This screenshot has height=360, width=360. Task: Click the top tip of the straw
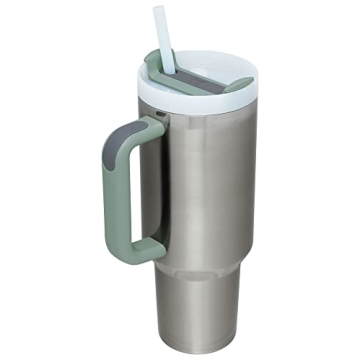tap(158, 10)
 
